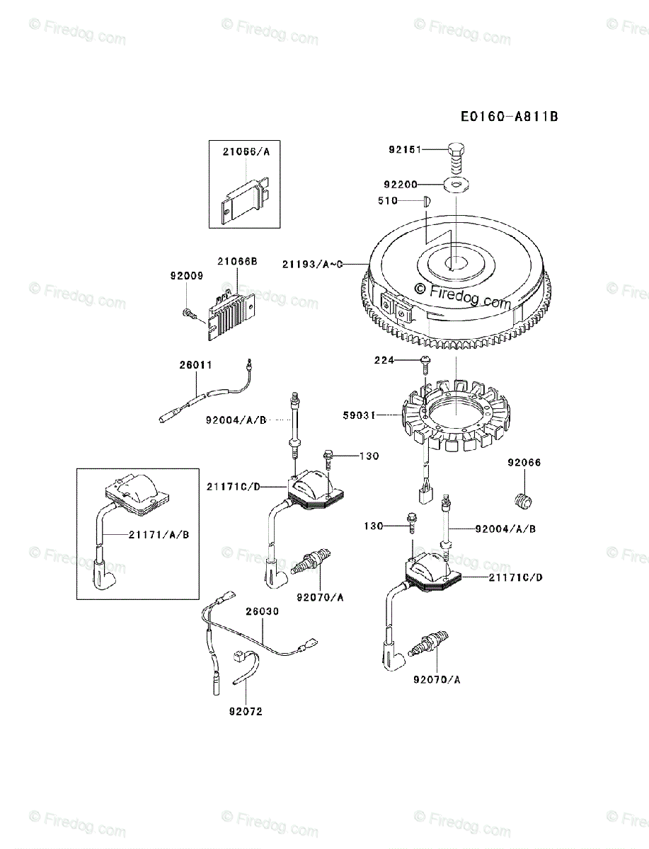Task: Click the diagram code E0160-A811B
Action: [508, 116]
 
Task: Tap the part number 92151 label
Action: [404, 149]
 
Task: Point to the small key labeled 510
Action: [426, 201]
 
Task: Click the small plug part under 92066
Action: [522, 500]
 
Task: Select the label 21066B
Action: [236, 261]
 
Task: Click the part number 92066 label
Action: [524, 463]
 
